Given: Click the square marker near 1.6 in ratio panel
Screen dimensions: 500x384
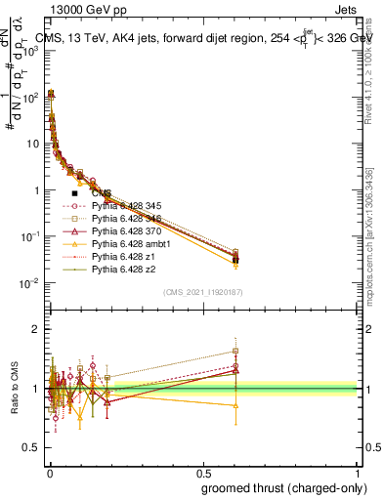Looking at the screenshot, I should tap(235, 352).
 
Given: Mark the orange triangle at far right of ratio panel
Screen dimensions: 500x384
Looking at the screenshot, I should tap(235, 405).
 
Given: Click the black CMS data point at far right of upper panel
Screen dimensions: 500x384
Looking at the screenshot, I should tap(235, 260).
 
